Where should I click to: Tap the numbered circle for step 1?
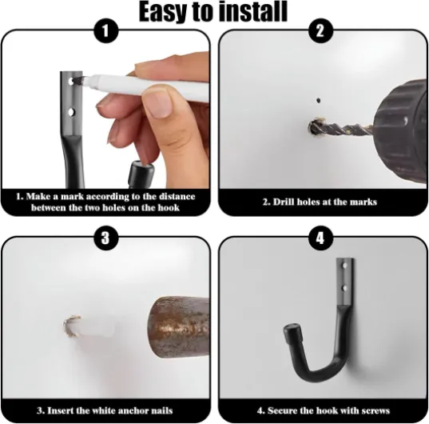pyautogui.click(x=106, y=31)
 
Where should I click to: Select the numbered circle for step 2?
pyautogui.click(x=320, y=31)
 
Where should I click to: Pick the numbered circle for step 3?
pyautogui.click(x=106, y=238)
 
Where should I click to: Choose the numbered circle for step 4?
pyautogui.click(x=320, y=238)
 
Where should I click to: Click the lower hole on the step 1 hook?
pyautogui.click(x=71, y=112)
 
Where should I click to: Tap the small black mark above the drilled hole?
pyautogui.click(x=318, y=101)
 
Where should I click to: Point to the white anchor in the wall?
pyautogui.click(x=90, y=326)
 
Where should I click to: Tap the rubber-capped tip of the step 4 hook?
pyautogui.click(x=292, y=332)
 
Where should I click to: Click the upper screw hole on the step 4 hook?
pyautogui.click(x=344, y=266)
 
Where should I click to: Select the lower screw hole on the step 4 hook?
pyautogui.click(x=344, y=288)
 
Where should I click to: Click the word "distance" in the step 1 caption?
pyautogui.click(x=177, y=196)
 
